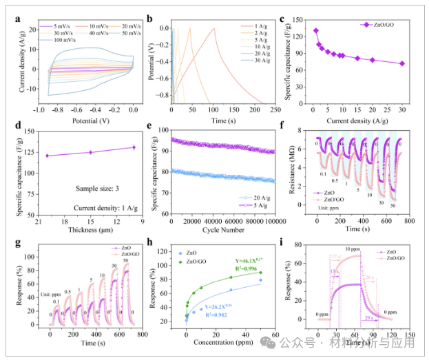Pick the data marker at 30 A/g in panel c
[x=402, y=63]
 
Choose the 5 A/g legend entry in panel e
[x=258, y=204]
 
